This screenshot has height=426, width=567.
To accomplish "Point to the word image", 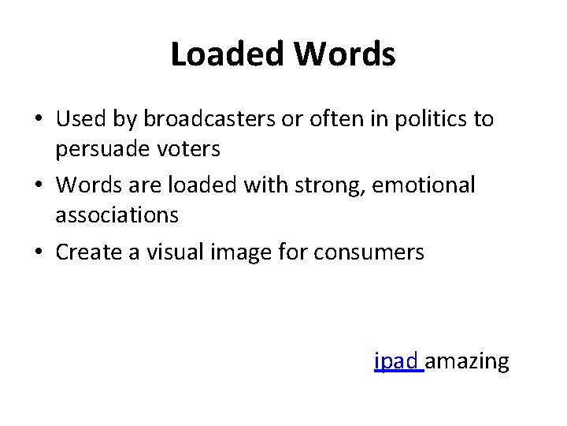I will (x=235, y=252).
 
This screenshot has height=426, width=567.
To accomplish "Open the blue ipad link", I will (x=398, y=362).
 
